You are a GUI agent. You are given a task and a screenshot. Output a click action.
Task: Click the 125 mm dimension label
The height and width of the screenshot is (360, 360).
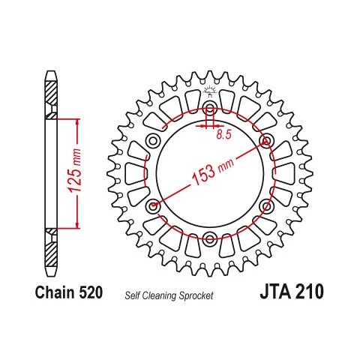76,170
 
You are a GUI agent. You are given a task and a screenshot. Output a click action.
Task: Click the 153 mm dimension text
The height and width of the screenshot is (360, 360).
213,170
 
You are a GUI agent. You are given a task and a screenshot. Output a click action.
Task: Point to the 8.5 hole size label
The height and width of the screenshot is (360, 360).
223,135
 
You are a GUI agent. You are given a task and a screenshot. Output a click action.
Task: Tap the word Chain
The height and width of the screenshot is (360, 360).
55,292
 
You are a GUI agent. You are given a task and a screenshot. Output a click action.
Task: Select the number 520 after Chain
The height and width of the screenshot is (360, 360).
91,292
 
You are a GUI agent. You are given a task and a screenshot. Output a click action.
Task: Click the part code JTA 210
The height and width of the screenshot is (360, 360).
292,292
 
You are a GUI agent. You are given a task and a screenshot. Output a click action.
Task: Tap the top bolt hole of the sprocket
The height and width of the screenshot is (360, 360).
210,109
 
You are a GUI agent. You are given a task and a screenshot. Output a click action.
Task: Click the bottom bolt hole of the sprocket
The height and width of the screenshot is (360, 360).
209,238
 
